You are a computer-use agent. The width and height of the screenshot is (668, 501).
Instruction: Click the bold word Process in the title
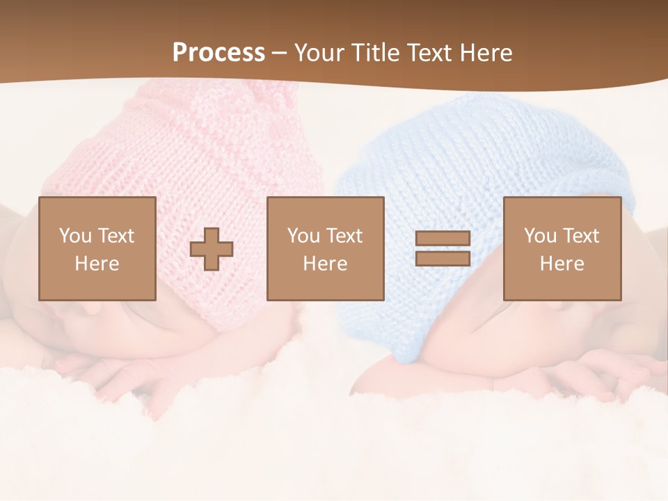click(218, 53)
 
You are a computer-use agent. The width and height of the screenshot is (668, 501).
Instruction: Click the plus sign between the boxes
click(212, 249)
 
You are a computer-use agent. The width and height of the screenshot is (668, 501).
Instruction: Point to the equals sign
click(443, 248)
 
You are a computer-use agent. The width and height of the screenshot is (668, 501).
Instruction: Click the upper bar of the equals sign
click(443, 239)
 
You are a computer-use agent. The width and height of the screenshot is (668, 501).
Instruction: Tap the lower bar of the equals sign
click(443, 258)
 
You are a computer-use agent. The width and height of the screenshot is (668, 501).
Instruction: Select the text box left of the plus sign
click(97, 248)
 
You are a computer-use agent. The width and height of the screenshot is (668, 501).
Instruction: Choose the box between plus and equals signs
click(326, 248)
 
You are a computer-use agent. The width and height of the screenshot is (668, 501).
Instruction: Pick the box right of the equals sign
click(562, 248)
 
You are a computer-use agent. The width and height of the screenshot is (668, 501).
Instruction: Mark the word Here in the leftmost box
click(97, 264)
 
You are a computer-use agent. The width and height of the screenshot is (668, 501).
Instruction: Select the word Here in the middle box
click(325, 264)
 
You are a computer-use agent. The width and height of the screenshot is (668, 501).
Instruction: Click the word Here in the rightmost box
click(562, 264)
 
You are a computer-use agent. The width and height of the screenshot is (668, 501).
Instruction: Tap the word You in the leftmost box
click(75, 236)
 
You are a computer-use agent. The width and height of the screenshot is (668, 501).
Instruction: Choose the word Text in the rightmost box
click(581, 236)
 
